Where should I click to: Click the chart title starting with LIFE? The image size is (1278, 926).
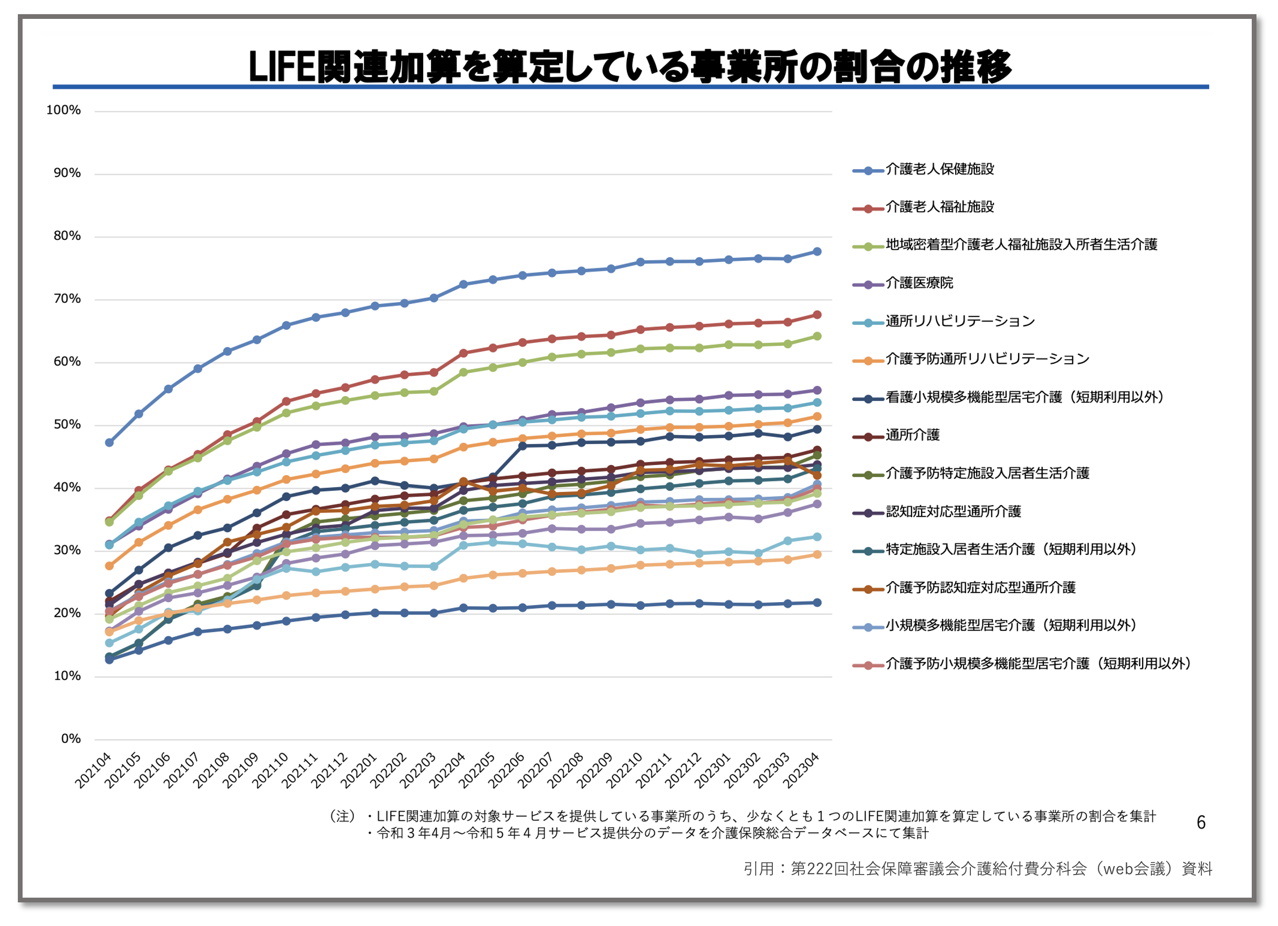point(630,67)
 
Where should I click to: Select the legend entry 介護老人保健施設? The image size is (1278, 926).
point(939,170)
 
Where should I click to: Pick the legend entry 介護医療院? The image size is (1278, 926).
point(919,283)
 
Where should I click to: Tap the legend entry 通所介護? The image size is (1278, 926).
point(912,435)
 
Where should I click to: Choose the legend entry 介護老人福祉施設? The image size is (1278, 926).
point(939,207)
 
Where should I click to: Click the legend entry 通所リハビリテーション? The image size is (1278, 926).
point(960,322)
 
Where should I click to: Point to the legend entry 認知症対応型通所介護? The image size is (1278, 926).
point(953,512)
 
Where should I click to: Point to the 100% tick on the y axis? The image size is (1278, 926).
point(63,110)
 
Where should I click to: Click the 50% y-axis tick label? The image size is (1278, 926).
point(67,425)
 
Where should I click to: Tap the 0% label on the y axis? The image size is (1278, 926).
point(70,739)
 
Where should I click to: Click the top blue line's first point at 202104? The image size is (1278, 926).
point(109,443)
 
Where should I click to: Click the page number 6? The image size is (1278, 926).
point(1201,823)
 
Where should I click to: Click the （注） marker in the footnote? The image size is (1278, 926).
point(343,816)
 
